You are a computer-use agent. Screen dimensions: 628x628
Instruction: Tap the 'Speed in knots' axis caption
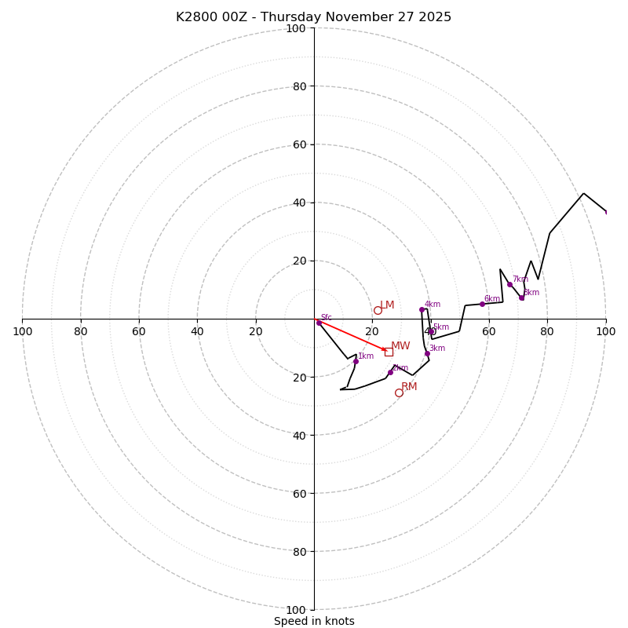point(314,621)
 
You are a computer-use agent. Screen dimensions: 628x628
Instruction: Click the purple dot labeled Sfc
point(319,323)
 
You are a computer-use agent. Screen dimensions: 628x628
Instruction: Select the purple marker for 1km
point(356,361)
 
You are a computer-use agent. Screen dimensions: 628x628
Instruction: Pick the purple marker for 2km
point(390,372)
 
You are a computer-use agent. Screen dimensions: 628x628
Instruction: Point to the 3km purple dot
point(427,353)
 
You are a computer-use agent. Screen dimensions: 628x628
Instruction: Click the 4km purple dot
point(422,309)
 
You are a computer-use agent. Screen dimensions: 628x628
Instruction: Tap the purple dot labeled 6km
point(482,304)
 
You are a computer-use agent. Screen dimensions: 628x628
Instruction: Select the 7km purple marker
point(509,284)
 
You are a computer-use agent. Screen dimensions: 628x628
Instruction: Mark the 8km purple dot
point(521,298)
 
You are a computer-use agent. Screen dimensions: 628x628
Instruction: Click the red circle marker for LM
point(378,310)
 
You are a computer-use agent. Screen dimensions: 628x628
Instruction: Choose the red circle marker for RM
point(399,392)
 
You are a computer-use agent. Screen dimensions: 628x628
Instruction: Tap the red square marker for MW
point(389,352)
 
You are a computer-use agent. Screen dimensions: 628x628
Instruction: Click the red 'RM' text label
point(409,387)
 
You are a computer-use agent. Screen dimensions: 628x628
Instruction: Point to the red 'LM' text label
point(387,305)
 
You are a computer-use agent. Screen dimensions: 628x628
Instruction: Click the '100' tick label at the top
point(296,28)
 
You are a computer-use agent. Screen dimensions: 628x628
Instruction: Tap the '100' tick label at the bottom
point(296,610)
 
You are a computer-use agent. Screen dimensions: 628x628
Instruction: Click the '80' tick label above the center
point(299,86)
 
